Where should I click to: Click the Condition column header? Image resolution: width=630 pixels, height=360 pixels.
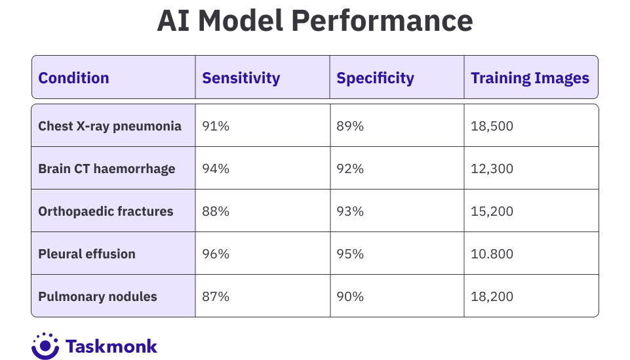click(x=73, y=78)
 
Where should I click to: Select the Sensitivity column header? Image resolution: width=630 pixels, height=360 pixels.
click(x=241, y=78)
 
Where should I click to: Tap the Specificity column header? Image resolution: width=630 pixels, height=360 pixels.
click(x=375, y=78)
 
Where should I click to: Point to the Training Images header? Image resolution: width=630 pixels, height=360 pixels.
click(x=530, y=78)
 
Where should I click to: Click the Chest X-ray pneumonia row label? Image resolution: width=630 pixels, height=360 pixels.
click(x=109, y=126)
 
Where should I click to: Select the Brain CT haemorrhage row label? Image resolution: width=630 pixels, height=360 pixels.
click(x=106, y=169)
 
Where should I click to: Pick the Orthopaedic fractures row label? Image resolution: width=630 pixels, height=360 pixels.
click(x=106, y=211)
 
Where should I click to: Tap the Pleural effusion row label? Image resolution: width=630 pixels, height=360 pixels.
click(x=87, y=254)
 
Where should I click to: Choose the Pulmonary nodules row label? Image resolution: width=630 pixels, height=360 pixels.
click(x=98, y=296)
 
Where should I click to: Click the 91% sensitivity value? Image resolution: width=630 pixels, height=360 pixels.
click(x=216, y=126)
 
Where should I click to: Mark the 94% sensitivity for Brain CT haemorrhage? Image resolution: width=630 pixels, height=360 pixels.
click(x=216, y=169)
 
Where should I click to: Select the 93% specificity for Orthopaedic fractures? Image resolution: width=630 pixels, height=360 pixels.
click(x=350, y=211)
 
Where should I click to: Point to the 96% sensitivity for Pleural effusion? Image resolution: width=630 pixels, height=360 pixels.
click(x=216, y=254)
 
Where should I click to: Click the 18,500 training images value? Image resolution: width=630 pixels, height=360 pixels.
click(x=492, y=126)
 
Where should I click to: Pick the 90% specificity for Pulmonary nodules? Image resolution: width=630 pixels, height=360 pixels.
click(x=350, y=296)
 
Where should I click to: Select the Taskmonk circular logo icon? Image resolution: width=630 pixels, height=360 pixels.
click(x=45, y=346)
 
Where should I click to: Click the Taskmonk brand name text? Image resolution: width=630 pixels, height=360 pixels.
click(x=111, y=346)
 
